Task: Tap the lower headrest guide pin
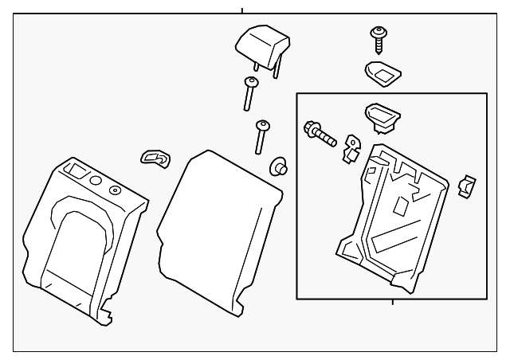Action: (261, 136)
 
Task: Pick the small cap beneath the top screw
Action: (382, 73)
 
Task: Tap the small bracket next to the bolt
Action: (350, 149)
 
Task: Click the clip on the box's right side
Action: (466, 187)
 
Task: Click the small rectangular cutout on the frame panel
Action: (402, 205)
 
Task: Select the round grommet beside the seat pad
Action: (278, 166)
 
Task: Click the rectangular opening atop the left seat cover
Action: (79, 170)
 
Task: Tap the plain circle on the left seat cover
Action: (96, 182)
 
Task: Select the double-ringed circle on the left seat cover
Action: (114, 190)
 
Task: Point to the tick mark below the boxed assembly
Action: (393, 302)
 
